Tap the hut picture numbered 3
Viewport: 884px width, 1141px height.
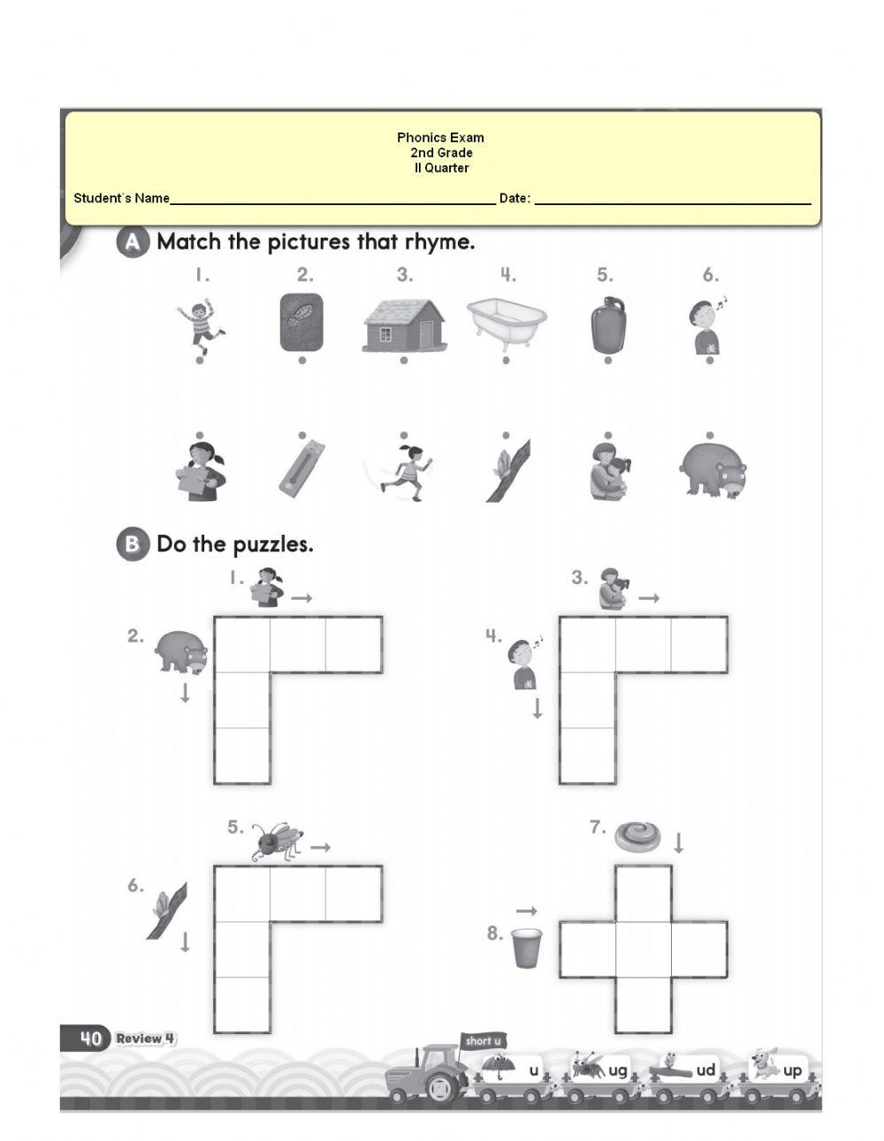pos(404,324)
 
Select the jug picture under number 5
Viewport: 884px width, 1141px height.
pos(607,324)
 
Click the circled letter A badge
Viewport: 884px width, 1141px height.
pos(132,242)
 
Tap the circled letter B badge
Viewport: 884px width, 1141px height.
pos(132,544)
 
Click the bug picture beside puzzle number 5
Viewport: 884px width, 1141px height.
pos(278,841)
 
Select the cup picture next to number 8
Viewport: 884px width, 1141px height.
pos(526,947)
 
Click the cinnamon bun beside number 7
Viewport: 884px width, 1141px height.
pos(637,834)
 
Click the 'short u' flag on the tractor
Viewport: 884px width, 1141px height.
pos(483,1041)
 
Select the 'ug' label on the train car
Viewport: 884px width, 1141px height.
pos(617,1070)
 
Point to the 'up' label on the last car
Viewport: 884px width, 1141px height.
pos(792,1070)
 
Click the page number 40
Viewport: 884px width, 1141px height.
pos(90,1038)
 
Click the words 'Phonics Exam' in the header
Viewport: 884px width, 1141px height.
pos(440,137)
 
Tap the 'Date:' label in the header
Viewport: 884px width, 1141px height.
pos(514,198)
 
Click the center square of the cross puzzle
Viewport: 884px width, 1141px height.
pos(643,949)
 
